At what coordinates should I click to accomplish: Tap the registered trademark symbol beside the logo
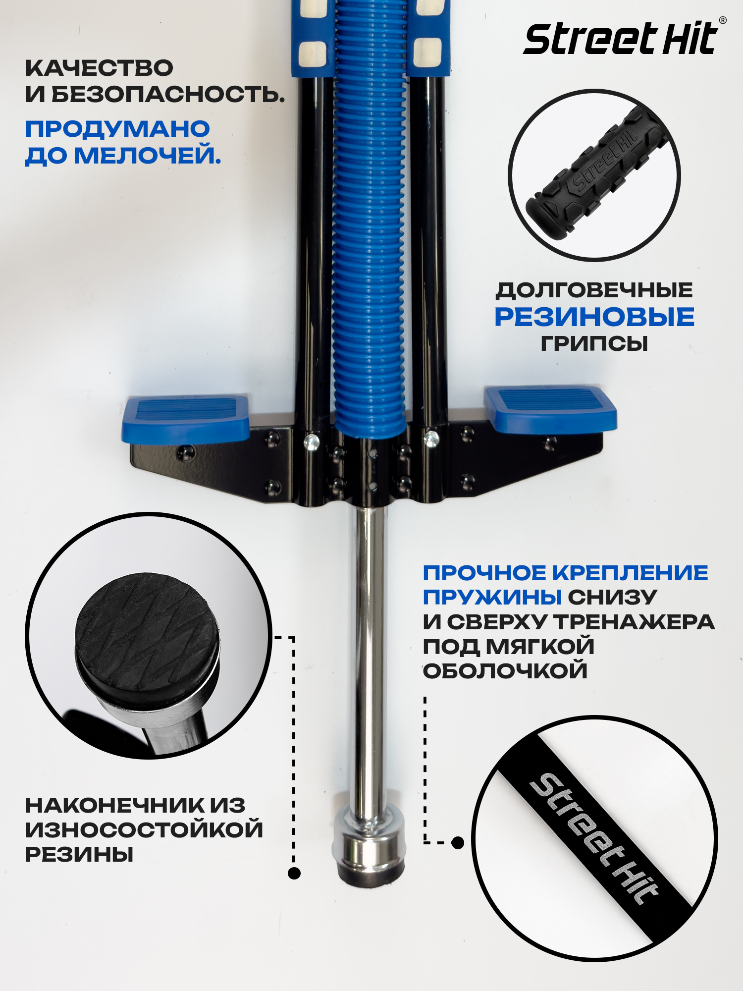(x=723, y=20)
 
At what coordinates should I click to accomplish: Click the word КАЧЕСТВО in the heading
(x=99, y=68)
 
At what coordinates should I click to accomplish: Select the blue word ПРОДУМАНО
(x=117, y=129)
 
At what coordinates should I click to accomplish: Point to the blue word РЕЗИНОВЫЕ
(x=594, y=317)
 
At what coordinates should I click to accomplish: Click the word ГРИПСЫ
(x=594, y=343)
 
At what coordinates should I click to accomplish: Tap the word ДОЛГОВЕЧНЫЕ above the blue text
(x=594, y=290)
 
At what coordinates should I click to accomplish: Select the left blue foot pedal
(x=186, y=418)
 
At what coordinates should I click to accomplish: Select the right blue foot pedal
(x=550, y=408)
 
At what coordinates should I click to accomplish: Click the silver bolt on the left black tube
(x=312, y=441)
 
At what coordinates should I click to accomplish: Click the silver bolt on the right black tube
(x=431, y=438)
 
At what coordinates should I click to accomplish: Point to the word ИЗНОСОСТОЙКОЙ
(x=144, y=829)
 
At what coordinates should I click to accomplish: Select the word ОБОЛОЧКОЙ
(x=505, y=671)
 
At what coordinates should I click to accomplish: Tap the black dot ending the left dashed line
(x=294, y=873)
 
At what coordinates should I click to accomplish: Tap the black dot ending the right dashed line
(x=458, y=842)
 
